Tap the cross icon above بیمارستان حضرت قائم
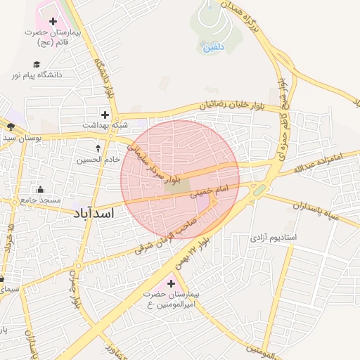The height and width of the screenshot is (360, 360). click(x=53, y=22)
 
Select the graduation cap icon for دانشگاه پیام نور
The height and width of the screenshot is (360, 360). click(x=36, y=64)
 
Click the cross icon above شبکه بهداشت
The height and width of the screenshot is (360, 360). click(x=105, y=114)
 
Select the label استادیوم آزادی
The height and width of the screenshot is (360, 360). click(x=273, y=238)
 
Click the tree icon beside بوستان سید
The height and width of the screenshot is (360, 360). click(x=11, y=127)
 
